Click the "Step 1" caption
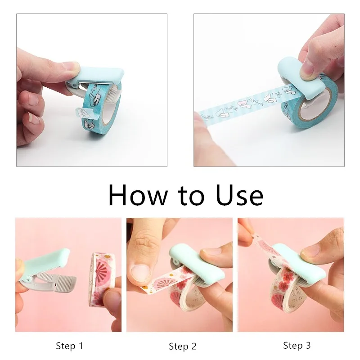pyautogui.click(x=69, y=346)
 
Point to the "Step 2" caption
pyautogui.click(x=183, y=346)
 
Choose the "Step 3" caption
pyautogui.click(x=297, y=346)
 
